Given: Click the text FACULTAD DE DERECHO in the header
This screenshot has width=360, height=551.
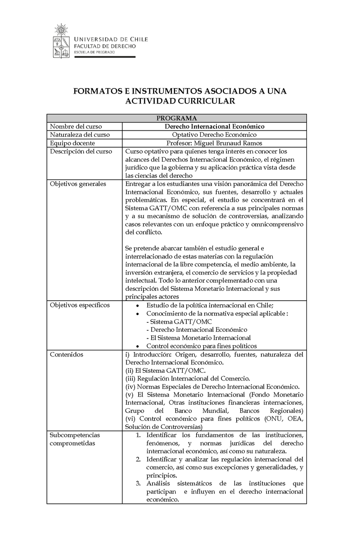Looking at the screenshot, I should pos(104,46).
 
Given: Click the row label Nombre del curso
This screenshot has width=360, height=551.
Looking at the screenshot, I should pos(76,126).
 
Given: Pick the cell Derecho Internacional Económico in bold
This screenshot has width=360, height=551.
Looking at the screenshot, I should pos(214,126).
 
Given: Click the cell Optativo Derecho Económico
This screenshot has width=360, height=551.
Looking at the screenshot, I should pos(214,135).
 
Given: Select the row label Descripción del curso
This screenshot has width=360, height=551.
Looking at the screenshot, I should pos(81,151).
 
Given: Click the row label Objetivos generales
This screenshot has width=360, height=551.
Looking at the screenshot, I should pos(78,184).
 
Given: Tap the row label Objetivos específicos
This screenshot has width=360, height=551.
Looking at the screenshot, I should pos(80,305).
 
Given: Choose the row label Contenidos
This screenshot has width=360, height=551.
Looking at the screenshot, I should pos(67,355).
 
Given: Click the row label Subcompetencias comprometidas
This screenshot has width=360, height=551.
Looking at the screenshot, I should pos(75,439).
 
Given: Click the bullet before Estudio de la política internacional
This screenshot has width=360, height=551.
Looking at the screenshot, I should pos(137,306).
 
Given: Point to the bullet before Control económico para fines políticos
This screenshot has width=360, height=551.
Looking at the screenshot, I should pos(137,346).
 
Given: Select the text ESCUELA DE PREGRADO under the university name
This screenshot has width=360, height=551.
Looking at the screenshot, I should pos(94,52).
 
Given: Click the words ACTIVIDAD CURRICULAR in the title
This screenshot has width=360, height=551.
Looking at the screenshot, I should pos(180,101).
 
